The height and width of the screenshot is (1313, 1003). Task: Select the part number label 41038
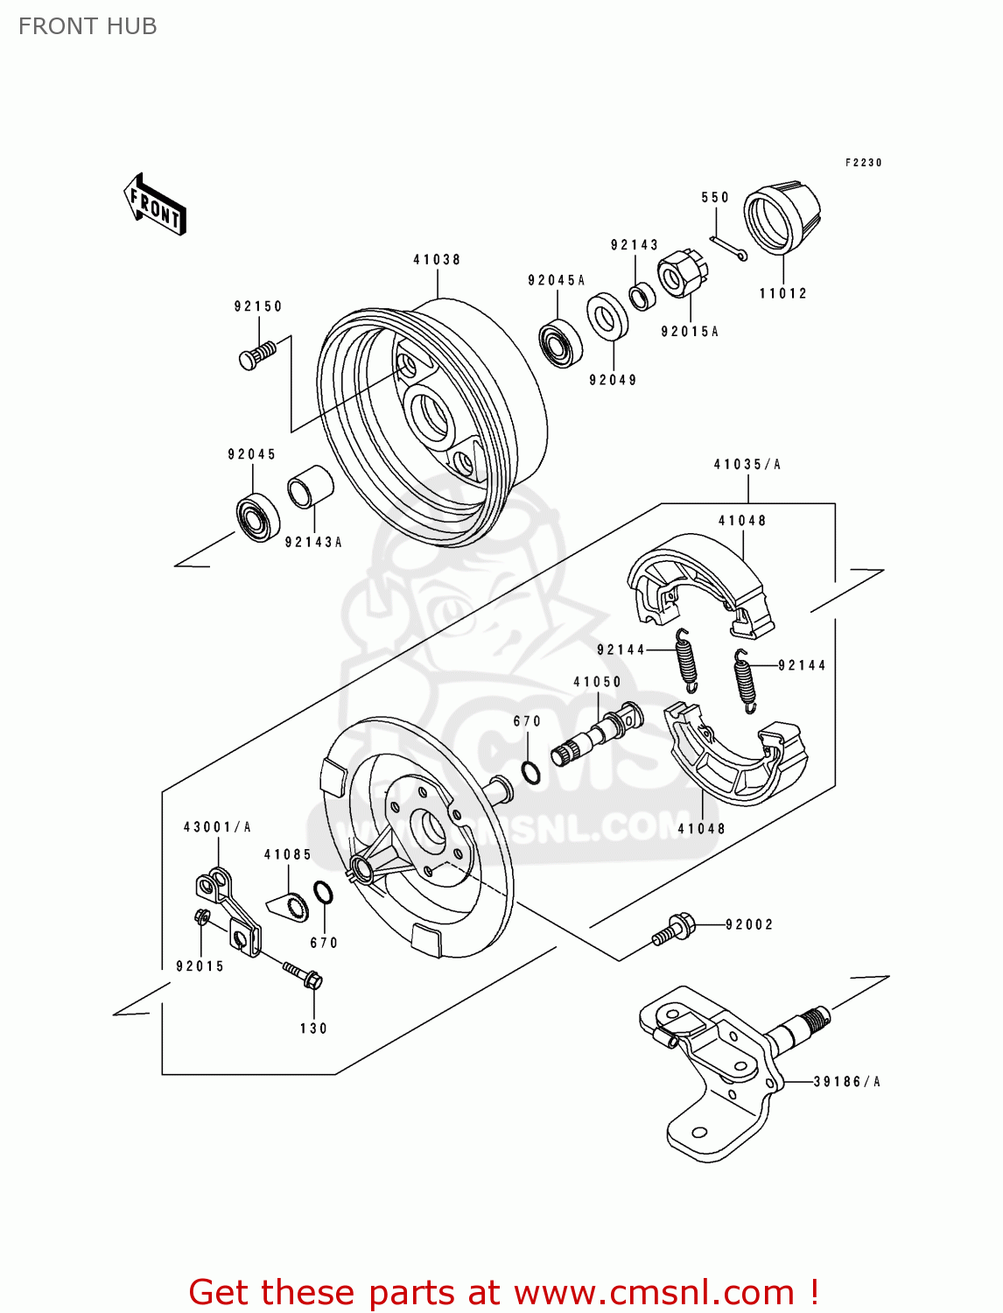click(x=437, y=259)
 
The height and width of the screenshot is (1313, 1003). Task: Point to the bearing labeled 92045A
click(x=561, y=343)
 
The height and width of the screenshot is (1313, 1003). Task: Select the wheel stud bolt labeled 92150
click(x=256, y=355)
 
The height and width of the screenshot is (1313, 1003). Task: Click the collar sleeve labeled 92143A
click(x=311, y=487)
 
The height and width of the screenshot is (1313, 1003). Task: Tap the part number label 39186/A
click(x=846, y=1082)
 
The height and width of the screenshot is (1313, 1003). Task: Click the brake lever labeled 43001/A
click(x=228, y=910)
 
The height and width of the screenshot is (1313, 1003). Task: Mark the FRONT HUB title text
click(x=88, y=26)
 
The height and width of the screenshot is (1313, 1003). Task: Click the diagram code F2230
click(x=863, y=163)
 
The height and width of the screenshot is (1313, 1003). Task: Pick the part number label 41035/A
click(x=747, y=465)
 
